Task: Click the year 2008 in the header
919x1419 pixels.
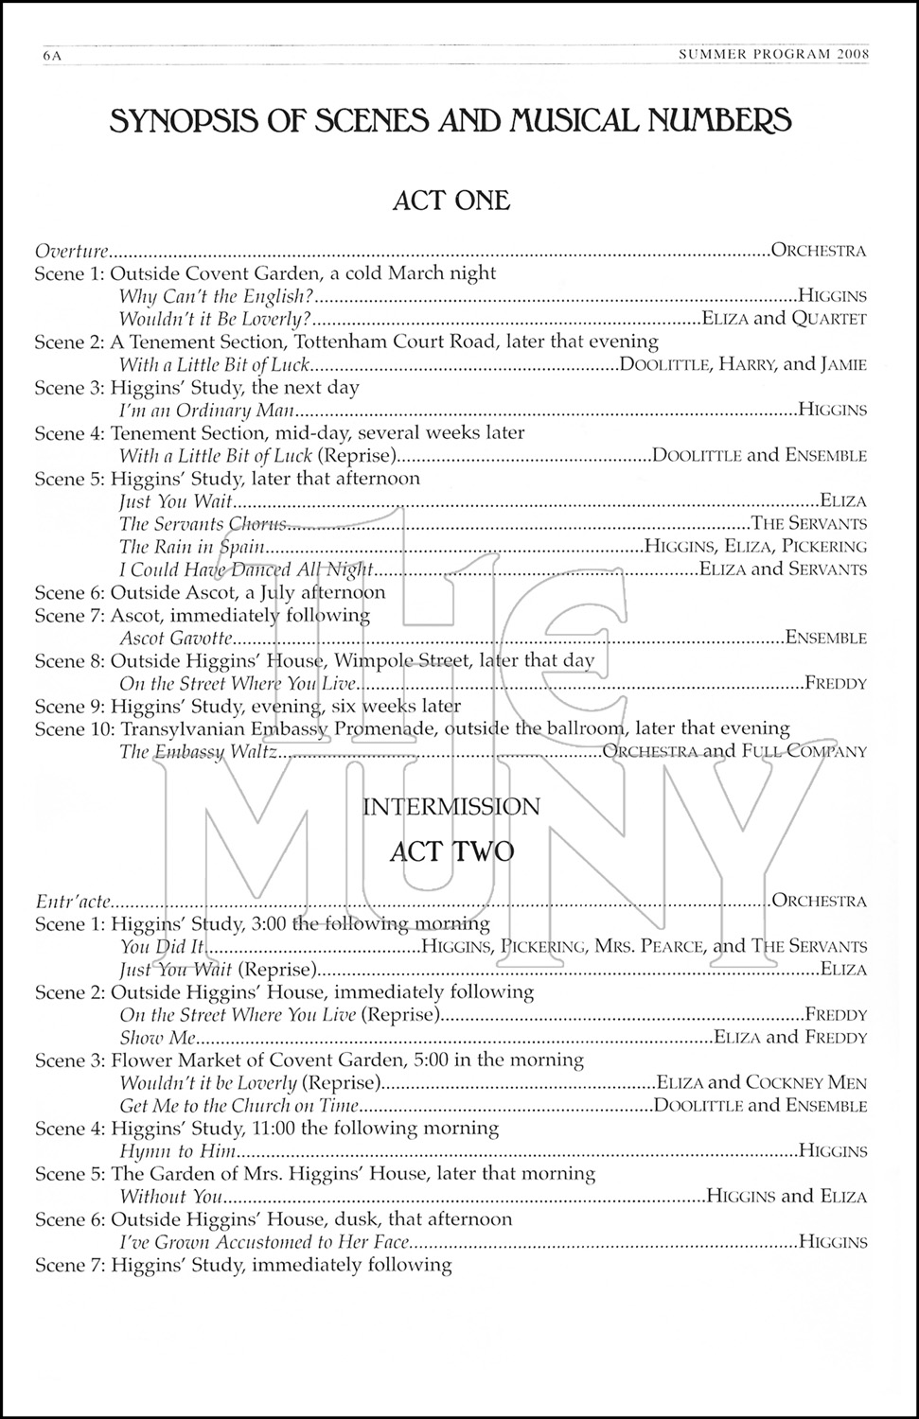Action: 853,55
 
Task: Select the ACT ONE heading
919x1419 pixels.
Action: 451,200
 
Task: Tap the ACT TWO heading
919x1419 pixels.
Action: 451,851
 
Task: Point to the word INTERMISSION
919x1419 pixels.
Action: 451,807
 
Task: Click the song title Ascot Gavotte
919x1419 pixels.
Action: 176,639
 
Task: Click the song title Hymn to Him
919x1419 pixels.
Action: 177,1151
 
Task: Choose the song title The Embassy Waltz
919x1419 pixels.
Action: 198,752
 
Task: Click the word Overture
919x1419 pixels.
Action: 72,251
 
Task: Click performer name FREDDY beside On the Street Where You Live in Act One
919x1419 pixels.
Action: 835,683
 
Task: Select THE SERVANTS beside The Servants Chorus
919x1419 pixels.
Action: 809,524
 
